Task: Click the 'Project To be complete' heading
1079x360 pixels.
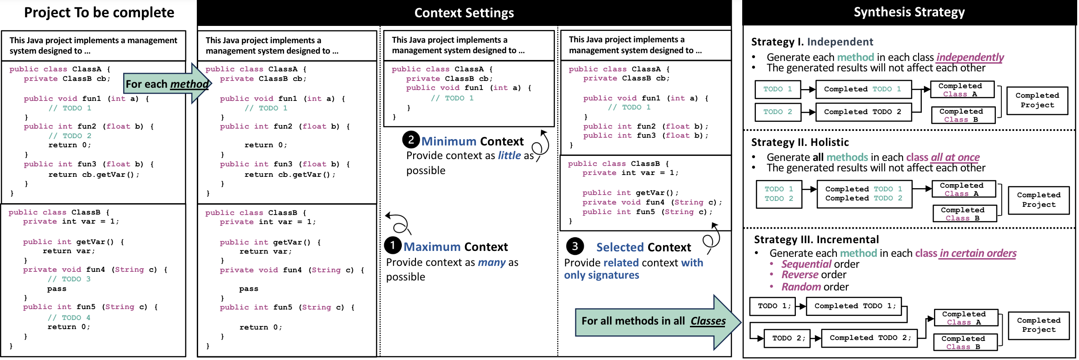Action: pos(99,12)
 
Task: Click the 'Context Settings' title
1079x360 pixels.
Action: pos(464,13)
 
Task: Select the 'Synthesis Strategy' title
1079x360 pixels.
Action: pos(909,12)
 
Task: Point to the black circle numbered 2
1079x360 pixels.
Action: pos(411,140)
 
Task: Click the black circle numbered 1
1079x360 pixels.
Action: pos(393,245)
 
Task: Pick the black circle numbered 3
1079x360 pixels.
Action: pos(574,246)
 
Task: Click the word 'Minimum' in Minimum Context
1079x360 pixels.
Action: pos(448,141)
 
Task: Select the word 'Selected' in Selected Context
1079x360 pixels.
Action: pos(618,247)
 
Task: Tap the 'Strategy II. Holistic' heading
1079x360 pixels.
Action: pos(800,142)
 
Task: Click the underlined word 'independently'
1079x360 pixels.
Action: pos(970,57)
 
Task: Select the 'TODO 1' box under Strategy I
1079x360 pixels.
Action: pos(778,89)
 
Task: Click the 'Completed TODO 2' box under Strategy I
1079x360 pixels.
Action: pos(863,112)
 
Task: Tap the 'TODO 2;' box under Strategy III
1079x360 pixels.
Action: pos(789,338)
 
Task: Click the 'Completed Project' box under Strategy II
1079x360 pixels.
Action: pos(1039,200)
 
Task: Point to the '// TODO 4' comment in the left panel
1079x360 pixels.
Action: pos(69,317)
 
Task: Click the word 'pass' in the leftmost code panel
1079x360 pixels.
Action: pos(57,289)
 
